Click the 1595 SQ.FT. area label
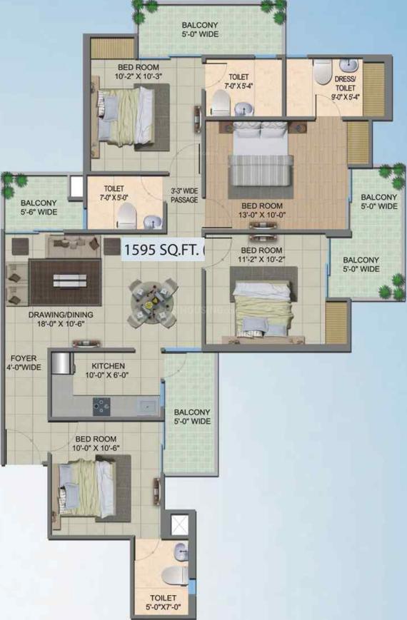click(162, 250)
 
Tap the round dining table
click(154, 304)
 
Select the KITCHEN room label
click(108, 366)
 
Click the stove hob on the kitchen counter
click(101, 407)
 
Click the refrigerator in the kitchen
click(61, 363)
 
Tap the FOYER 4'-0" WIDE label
click(25, 362)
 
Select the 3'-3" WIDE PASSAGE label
click(184, 195)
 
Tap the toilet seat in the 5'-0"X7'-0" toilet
click(175, 575)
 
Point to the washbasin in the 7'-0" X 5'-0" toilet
click(151, 221)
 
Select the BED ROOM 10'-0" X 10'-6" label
click(96, 443)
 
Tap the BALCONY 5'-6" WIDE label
click(39, 207)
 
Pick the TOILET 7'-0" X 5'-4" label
click(238, 81)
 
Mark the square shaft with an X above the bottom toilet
click(179, 524)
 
